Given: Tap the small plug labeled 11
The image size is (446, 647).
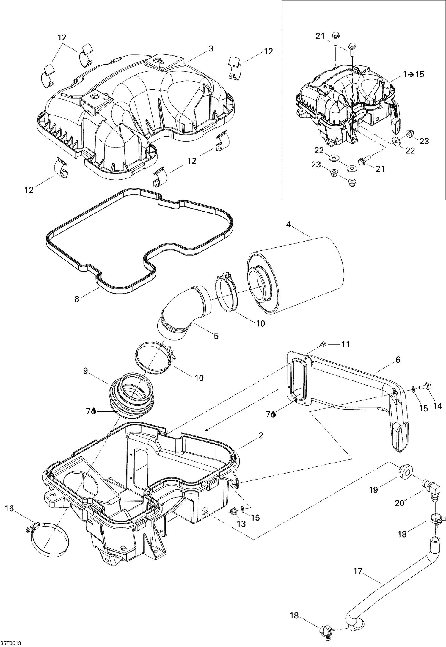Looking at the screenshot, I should [323, 344].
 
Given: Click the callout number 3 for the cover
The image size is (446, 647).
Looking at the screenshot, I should [211, 48].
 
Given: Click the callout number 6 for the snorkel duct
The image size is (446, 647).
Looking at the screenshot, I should [398, 360].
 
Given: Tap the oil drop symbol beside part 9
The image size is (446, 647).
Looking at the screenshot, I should [94, 411].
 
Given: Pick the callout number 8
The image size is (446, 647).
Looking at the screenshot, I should [77, 299].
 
